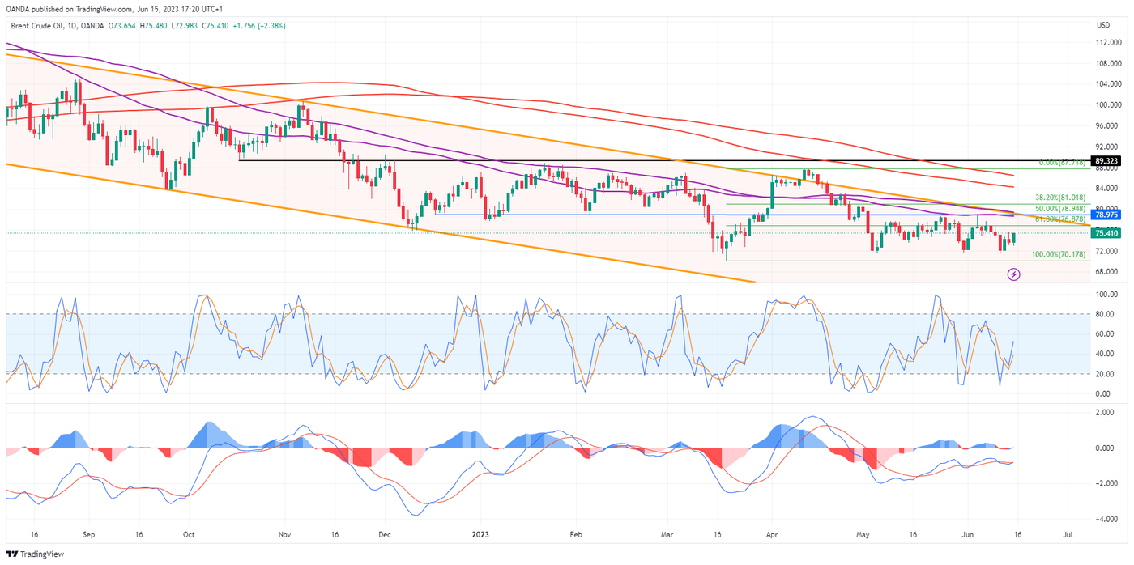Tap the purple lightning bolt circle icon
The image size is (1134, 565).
1013,274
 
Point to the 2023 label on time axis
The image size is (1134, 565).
480,535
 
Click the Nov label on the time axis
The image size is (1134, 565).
283,535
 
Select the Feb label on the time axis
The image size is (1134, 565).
576,535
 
